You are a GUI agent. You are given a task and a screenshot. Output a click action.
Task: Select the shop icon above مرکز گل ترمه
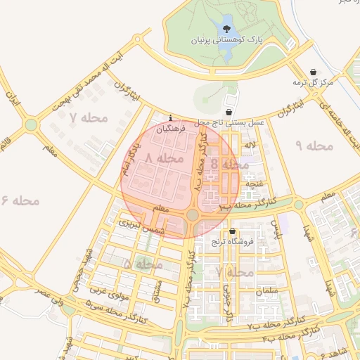click(x=313, y=72)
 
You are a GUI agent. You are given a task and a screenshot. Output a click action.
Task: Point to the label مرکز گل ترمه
click(x=312, y=83)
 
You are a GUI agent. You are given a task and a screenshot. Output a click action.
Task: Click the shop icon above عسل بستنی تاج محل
click(x=229, y=112)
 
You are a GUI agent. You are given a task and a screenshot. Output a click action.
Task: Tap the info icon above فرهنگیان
click(x=171, y=118)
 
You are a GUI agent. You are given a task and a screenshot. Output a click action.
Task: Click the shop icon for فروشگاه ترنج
click(x=232, y=231)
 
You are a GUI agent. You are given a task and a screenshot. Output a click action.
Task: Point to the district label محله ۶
click(x=20, y=201)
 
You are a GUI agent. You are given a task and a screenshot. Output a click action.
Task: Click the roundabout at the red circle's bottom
click(x=193, y=214)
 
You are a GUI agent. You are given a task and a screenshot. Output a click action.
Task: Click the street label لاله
click(x=250, y=144)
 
